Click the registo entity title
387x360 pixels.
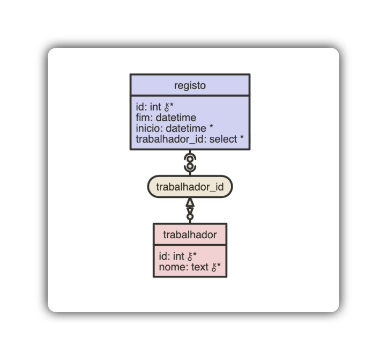coord(190,85)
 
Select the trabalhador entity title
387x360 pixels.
coord(190,234)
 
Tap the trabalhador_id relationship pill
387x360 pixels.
coord(190,187)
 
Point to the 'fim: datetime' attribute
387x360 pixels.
coord(166,117)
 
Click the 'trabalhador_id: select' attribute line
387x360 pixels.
coord(189,139)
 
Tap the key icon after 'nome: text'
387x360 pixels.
coord(213,267)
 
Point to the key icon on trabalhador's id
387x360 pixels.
coord(190,256)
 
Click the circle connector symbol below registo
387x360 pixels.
coord(190,162)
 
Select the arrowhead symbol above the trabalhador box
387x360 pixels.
coord(190,203)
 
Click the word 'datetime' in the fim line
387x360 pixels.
coord(176,117)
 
